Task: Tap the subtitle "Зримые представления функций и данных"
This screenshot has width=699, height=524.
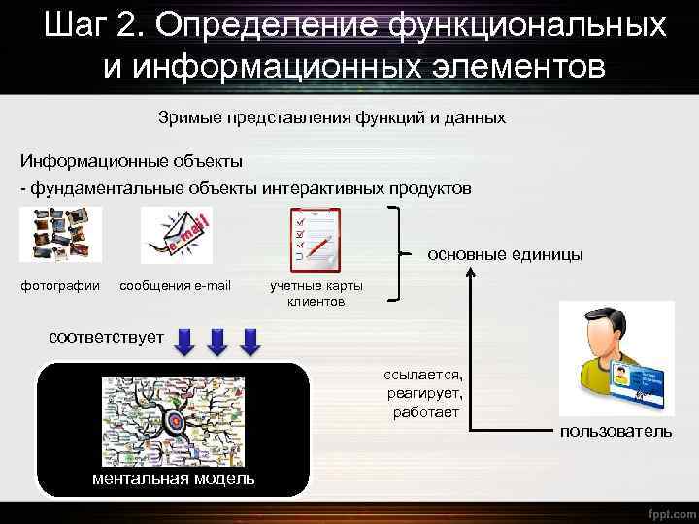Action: [x=332, y=117]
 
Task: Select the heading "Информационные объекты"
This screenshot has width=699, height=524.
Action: [x=132, y=159]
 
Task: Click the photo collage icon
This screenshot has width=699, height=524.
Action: [x=59, y=234]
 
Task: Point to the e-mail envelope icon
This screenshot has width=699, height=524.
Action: [x=176, y=235]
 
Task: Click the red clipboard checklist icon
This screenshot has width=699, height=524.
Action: [x=316, y=238]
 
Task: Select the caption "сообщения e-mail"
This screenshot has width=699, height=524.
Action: [x=175, y=286]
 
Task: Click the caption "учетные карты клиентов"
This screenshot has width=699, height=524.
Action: [x=316, y=294]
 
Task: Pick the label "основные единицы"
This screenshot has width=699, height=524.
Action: [x=506, y=254]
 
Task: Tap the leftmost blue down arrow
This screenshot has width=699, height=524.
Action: [x=187, y=342]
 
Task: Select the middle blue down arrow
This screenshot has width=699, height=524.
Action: [x=220, y=342]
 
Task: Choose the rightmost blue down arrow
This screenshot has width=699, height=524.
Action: [x=251, y=342]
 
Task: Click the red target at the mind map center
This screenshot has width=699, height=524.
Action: [x=176, y=421]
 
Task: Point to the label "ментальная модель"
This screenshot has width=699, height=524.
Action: [x=174, y=478]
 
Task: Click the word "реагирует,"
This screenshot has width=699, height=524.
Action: [x=425, y=393]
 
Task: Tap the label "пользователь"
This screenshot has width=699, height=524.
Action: [x=615, y=430]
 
